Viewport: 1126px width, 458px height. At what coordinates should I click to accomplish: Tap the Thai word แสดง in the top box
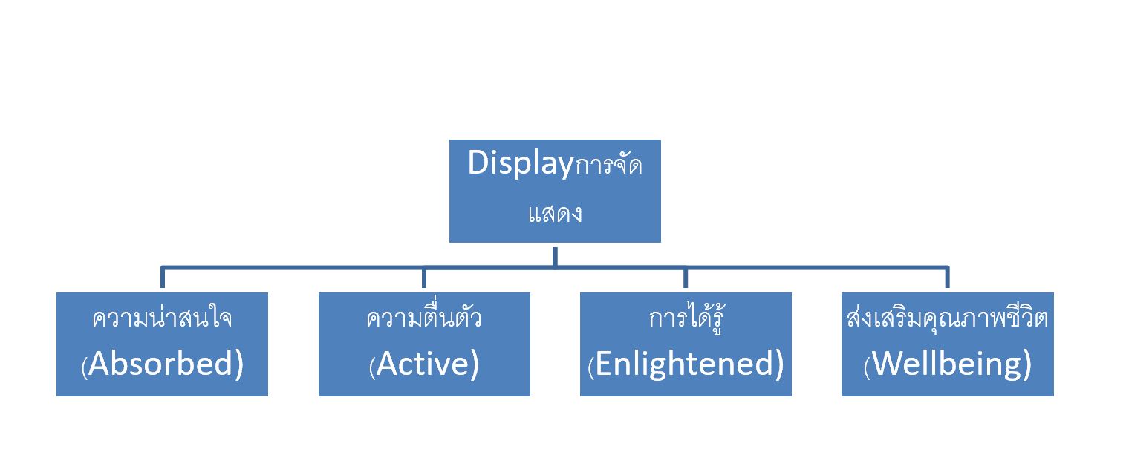pyautogui.click(x=554, y=214)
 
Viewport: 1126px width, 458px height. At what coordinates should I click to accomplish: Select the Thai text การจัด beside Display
pyautogui.click(x=608, y=166)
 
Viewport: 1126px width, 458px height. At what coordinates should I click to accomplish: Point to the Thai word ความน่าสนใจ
pyautogui.click(x=162, y=318)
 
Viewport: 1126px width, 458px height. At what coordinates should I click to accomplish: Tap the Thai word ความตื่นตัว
pyautogui.click(x=423, y=318)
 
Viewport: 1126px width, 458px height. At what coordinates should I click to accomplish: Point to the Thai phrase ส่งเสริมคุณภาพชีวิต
pyautogui.click(x=947, y=318)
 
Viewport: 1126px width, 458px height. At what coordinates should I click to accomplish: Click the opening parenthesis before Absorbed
pyautogui.click(x=84, y=367)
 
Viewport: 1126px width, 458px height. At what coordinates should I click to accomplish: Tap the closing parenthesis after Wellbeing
pyautogui.click(x=1027, y=365)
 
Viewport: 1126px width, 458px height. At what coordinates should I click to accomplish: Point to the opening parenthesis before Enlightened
pyautogui.click(x=590, y=367)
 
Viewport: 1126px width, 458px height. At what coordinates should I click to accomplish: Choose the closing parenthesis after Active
pyautogui.click(x=474, y=365)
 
